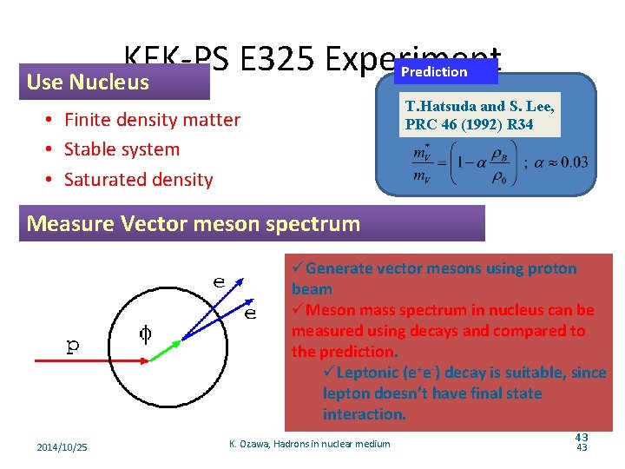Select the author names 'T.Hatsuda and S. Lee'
coord(479,107)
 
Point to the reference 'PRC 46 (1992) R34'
coord(469,124)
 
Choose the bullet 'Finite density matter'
coord(152,120)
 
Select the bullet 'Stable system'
coord(122,149)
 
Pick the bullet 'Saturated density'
coord(138,180)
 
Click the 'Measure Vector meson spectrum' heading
coord(194,224)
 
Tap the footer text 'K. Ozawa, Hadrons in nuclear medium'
coord(310,445)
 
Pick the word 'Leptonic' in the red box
coord(366,373)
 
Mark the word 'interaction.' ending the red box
coord(364,414)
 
